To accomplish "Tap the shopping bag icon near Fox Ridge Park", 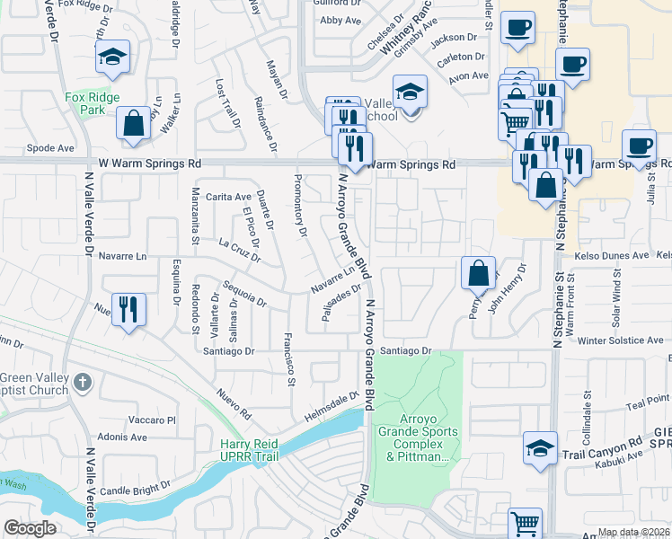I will [134, 124].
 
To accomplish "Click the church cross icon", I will [82, 382].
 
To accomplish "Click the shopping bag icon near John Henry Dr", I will [479, 272].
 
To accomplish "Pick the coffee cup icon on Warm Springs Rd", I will [640, 146].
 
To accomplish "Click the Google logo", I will [30, 528].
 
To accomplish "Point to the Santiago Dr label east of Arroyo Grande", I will [406, 350].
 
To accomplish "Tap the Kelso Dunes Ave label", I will [615, 256].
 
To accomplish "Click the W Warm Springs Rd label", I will [149, 164].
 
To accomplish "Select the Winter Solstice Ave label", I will [620, 341].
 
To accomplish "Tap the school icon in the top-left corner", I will [112, 57].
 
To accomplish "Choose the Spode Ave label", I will [49, 147].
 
